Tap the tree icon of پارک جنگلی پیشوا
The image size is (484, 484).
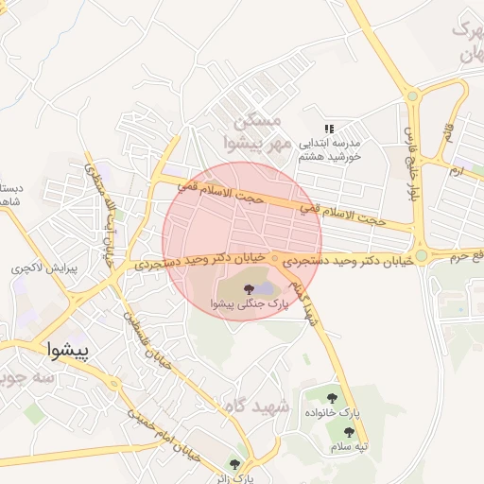[x=249, y=289]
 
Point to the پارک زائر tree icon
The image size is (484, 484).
[x=234, y=463]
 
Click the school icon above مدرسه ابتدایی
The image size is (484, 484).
[x=329, y=129]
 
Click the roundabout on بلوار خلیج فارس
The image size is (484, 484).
[x=412, y=95]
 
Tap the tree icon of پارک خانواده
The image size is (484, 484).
[x=332, y=399]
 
